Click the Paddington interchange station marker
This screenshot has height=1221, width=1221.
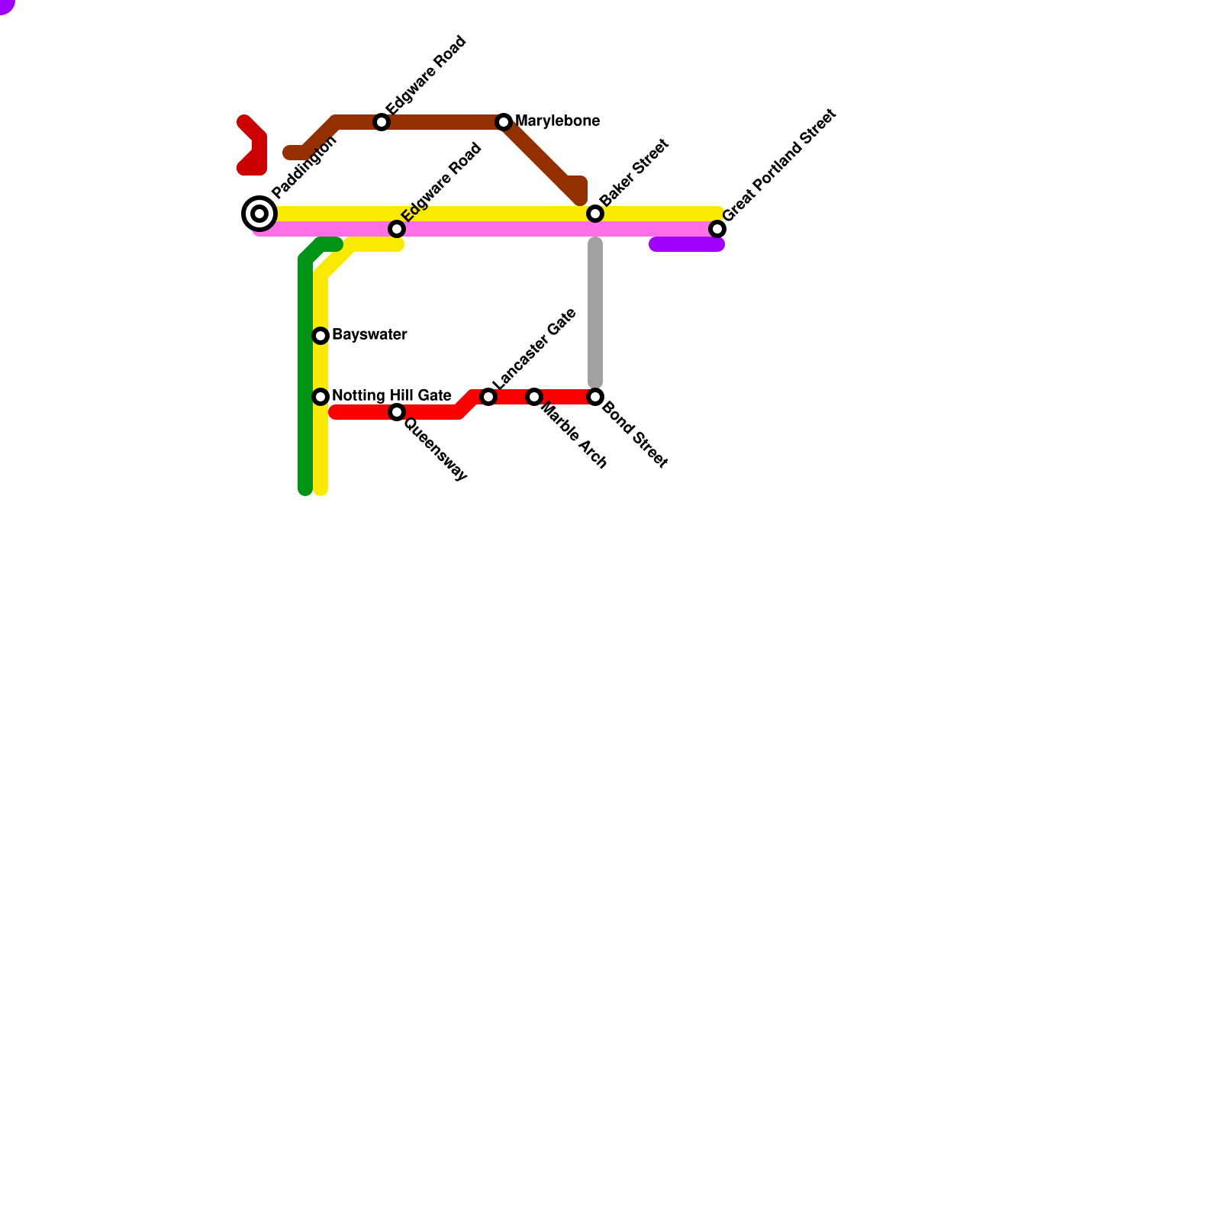[x=259, y=214]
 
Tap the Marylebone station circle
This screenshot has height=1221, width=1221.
[x=504, y=122]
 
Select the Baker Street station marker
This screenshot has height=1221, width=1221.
[x=595, y=214]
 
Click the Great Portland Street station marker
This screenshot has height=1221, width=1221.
[x=717, y=229]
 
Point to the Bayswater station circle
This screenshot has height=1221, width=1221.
[x=321, y=336]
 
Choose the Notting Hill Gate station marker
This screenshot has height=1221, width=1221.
[x=321, y=397]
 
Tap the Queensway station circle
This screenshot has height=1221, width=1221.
[x=397, y=412]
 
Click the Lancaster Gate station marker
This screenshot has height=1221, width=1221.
[x=488, y=397]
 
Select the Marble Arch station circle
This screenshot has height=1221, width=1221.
[x=534, y=397]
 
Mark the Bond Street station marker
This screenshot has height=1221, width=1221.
[x=595, y=397]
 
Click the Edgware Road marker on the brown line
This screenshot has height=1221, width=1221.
[x=382, y=122]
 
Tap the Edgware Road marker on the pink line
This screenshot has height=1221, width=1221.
[x=397, y=229]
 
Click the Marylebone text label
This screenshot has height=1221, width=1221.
[x=557, y=121]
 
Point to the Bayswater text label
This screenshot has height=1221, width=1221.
[x=369, y=335]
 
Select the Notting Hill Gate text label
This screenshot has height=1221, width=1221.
[x=391, y=396]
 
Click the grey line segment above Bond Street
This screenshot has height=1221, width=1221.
[x=595, y=313]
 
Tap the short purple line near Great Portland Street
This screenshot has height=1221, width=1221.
[x=687, y=244]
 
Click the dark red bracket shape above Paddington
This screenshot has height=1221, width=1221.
[x=256, y=149]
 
